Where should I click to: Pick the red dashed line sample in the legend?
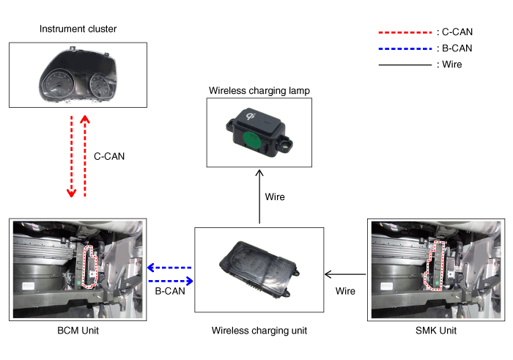click(x=403, y=32)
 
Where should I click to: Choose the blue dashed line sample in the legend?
click(x=403, y=48)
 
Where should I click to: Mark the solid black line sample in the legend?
click(x=403, y=65)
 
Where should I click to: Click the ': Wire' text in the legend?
click(x=449, y=65)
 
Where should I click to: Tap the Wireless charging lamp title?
click(x=259, y=91)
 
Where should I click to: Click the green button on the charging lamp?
click(x=251, y=140)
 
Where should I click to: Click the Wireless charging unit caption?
click(x=259, y=331)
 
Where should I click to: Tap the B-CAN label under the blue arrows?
click(x=169, y=291)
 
